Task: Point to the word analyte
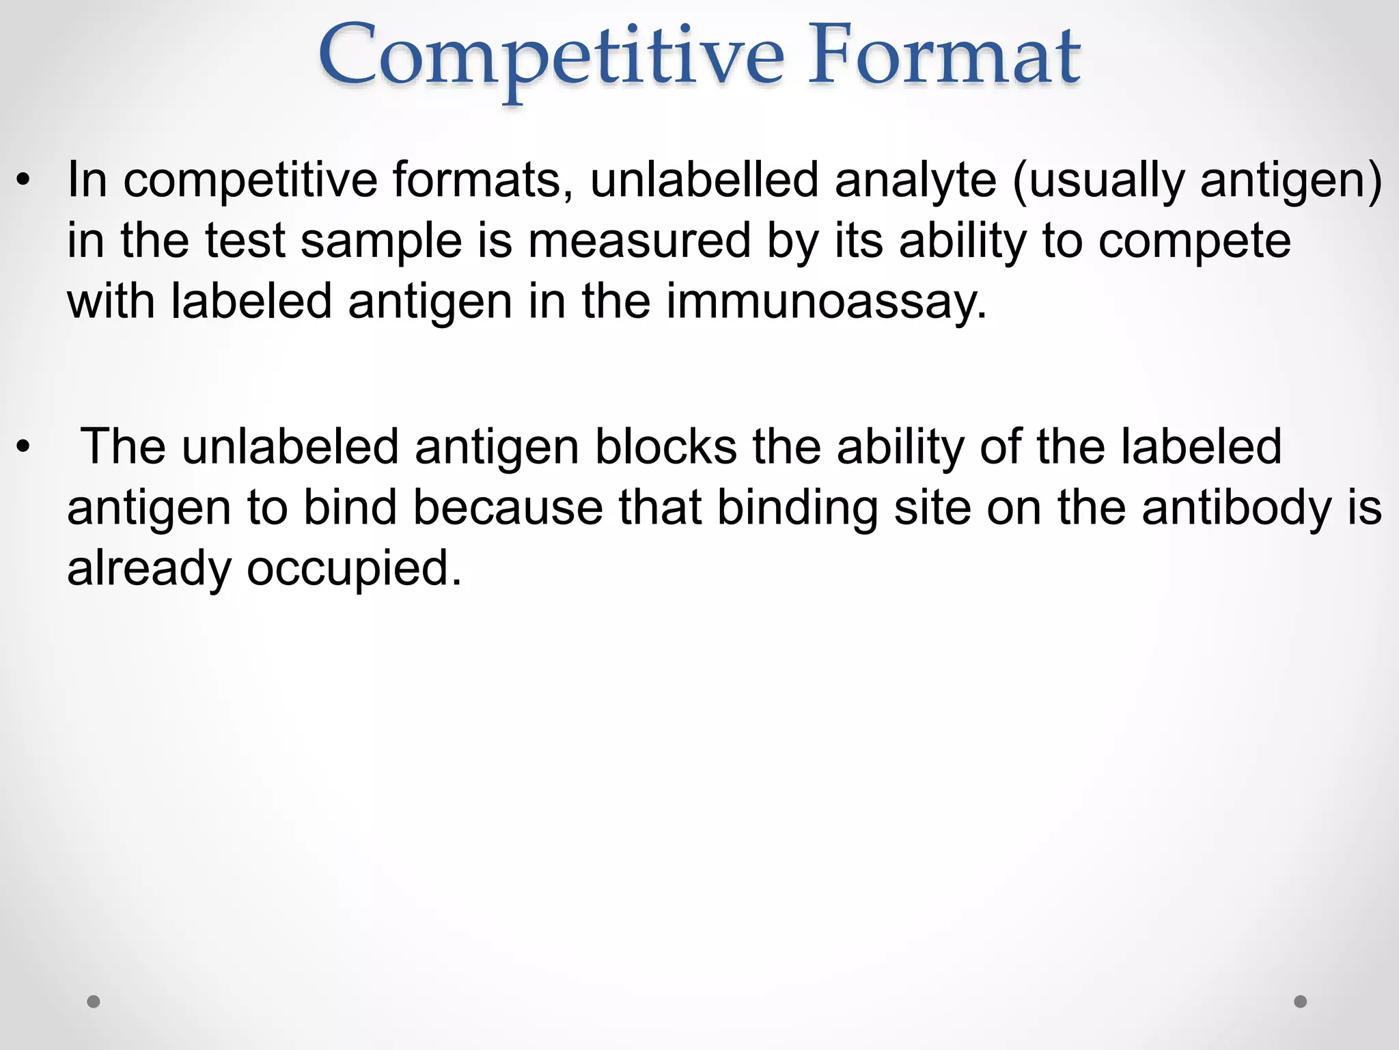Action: [x=915, y=182]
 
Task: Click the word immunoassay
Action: [x=827, y=302]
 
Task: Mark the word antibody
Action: [x=1236, y=509]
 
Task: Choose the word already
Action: [x=149, y=569]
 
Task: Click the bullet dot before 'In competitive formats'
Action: [x=24, y=181]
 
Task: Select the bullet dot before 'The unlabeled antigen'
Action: [x=24, y=448]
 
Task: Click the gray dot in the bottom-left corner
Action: [x=94, y=1001]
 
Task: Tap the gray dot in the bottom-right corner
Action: [x=1301, y=1001]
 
